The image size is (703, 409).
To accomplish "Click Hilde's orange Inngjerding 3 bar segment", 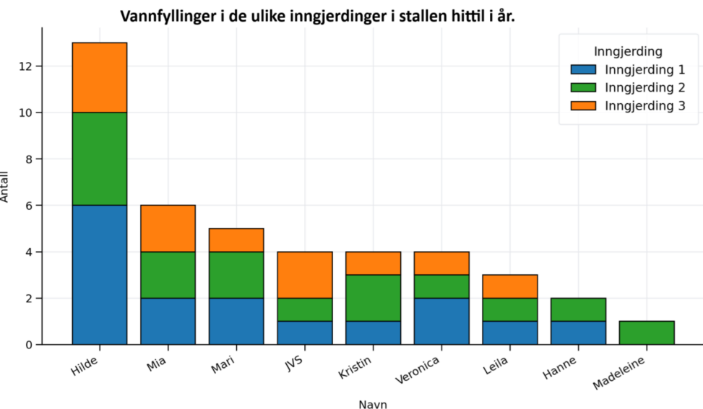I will (100, 77).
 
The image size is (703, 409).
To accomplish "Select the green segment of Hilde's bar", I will (100, 159).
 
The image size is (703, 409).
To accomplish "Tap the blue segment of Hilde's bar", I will (100, 275).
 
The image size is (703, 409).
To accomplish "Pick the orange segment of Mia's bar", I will (168, 228).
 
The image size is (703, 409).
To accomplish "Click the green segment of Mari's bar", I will (236, 275).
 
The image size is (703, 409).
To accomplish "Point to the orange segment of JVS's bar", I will (305, 275).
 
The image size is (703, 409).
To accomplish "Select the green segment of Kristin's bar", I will (374, 298).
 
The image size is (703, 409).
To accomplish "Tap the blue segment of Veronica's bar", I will (442, 321).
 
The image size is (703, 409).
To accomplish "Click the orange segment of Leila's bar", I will (510, 286).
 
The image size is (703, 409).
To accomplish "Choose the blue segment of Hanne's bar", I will (579, 333).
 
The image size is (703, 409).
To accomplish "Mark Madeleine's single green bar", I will (647, 333).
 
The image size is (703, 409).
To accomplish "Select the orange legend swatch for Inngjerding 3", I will (583, 105).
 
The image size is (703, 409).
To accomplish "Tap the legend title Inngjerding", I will (628, 51).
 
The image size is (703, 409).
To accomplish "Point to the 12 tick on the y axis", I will (25, 66).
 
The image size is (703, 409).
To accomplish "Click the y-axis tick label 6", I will (29, 206).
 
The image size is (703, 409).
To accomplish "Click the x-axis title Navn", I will (373, 404).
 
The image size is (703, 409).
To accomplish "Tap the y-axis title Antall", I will (7, 186).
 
